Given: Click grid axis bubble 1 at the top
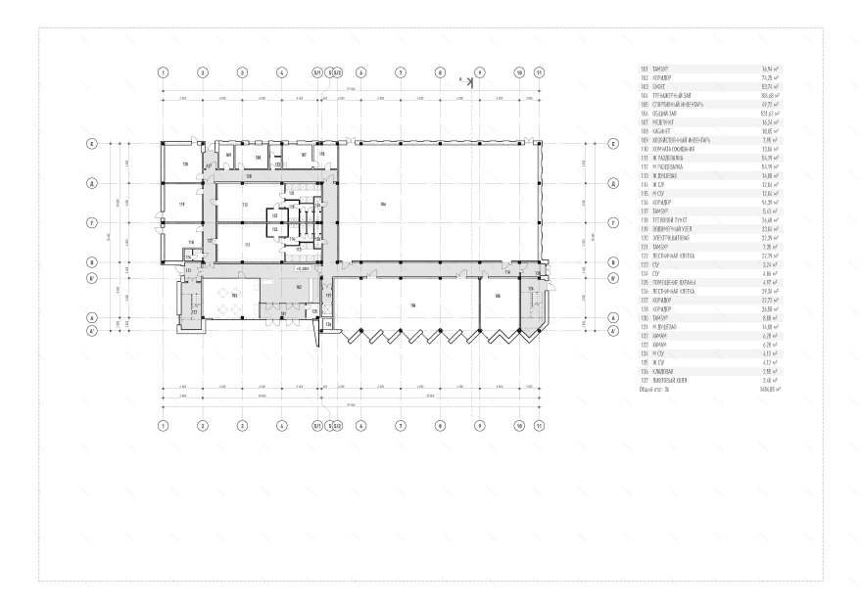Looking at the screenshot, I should pos(164,72).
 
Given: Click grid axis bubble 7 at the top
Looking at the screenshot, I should pos(400,72).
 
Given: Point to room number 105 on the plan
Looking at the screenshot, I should pos(498,296).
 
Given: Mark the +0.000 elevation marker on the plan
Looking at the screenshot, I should pos(303,267).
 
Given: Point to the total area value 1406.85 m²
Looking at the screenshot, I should pos(772,390).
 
